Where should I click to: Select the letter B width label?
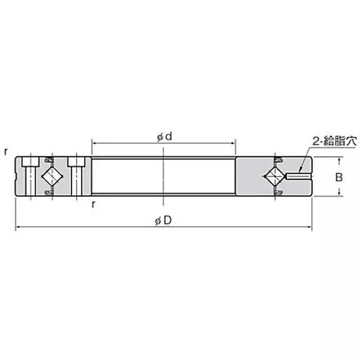(x=339, y=177)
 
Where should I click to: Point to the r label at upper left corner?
(x=6, y=152)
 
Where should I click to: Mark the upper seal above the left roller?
(x=49, y=159)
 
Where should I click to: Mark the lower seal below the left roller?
(x=49, y=193)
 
